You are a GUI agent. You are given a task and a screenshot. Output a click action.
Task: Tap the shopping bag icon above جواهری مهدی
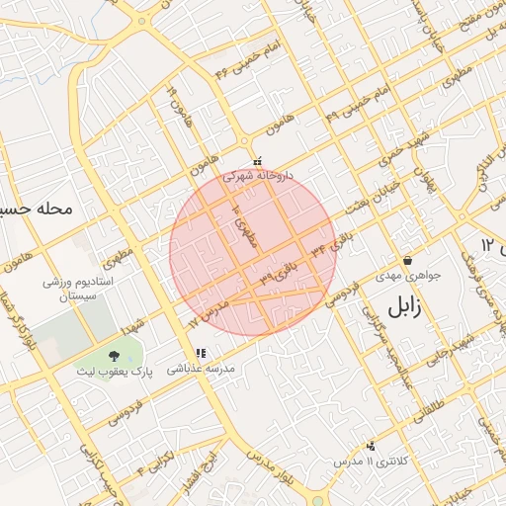click(407, 261)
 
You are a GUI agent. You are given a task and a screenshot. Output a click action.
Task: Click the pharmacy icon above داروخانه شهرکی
click(257, 160)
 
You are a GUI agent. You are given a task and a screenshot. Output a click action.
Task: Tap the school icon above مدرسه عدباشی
click(201, 353)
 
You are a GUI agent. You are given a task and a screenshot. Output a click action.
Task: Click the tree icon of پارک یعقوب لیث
click(117, 355)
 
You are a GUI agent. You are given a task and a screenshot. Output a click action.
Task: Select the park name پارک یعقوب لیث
click(117, 373)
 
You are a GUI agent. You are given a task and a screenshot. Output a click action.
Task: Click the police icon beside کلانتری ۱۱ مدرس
click(371, 446)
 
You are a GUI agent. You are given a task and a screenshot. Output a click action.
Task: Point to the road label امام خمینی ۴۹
click(361, 108)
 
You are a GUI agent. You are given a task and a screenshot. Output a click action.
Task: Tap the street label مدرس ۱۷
click(207, 315)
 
